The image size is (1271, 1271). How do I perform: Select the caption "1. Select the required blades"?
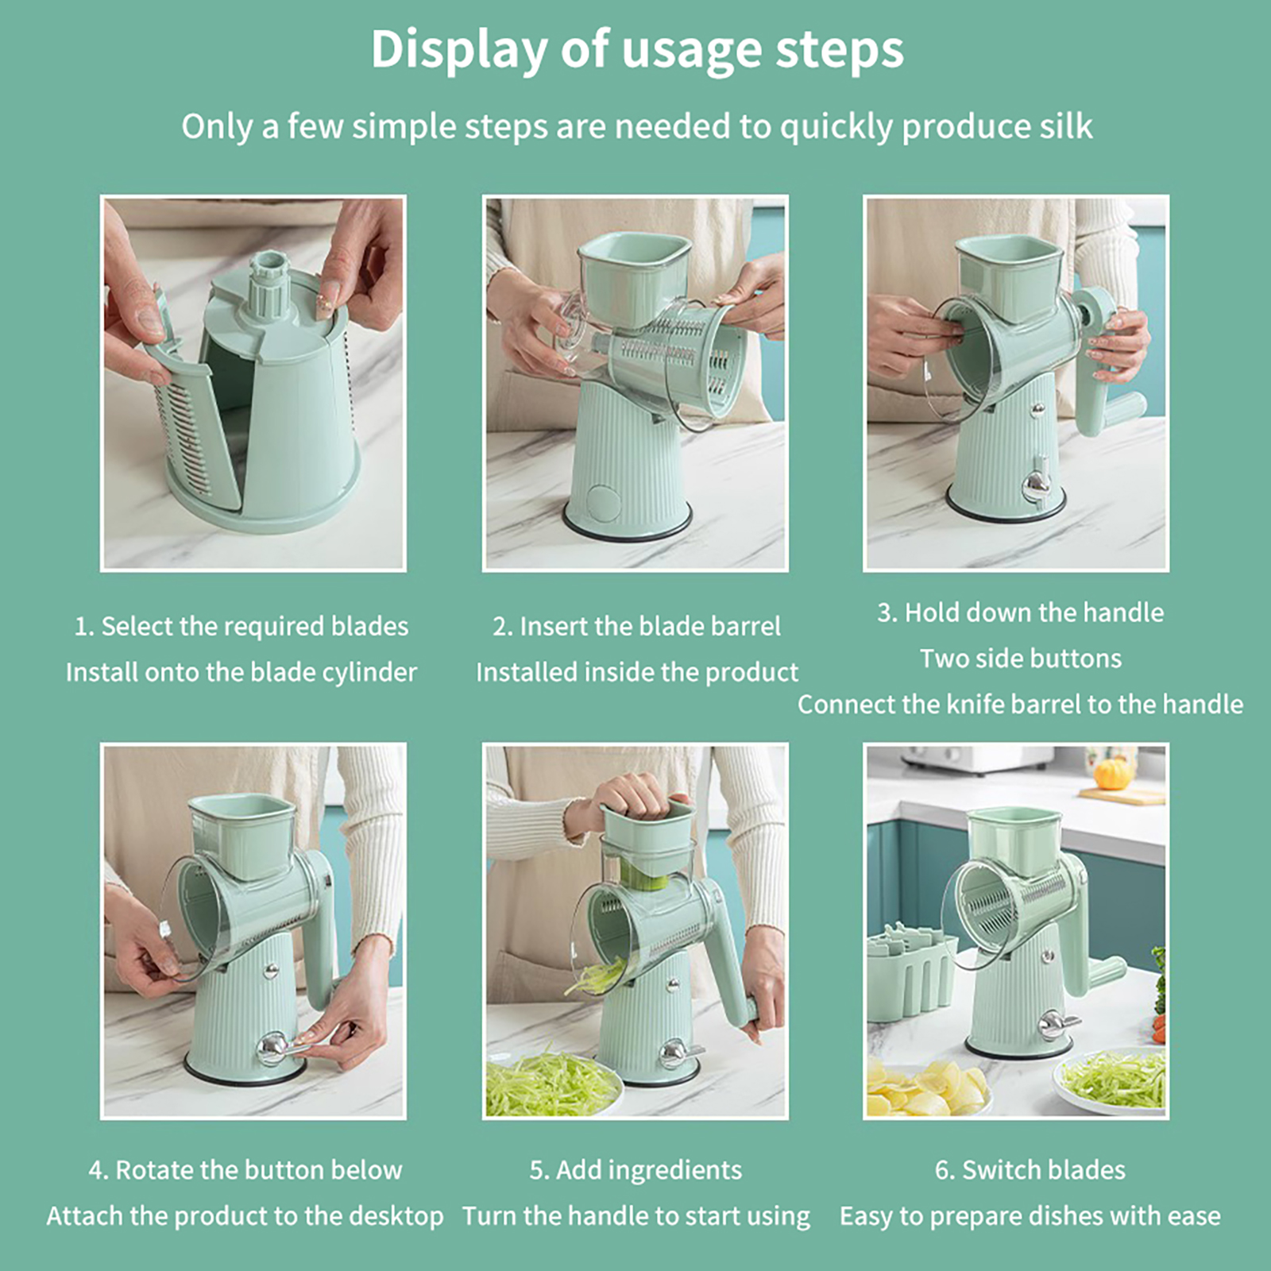click(x=241, y=626)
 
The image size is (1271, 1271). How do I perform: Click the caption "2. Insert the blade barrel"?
click(x=636, y=626)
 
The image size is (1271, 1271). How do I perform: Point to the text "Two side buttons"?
click(x=1021, y=659)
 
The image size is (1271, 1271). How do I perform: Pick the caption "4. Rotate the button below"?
click(x=245, y=1169)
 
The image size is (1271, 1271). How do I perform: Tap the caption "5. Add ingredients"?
click(x=635, y=1170)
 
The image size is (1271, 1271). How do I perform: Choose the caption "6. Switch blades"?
click(x=1030, y=1169)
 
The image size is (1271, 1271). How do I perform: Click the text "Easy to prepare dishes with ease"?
click(x=1030, y=1216)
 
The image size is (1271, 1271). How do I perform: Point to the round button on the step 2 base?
click(x=603, y=502)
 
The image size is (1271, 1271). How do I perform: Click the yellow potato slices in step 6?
click(x=925, y=1087)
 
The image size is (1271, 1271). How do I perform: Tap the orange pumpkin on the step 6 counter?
click(x=1111, y=773)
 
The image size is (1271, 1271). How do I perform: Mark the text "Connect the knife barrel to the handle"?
click(x=1021, y=705)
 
